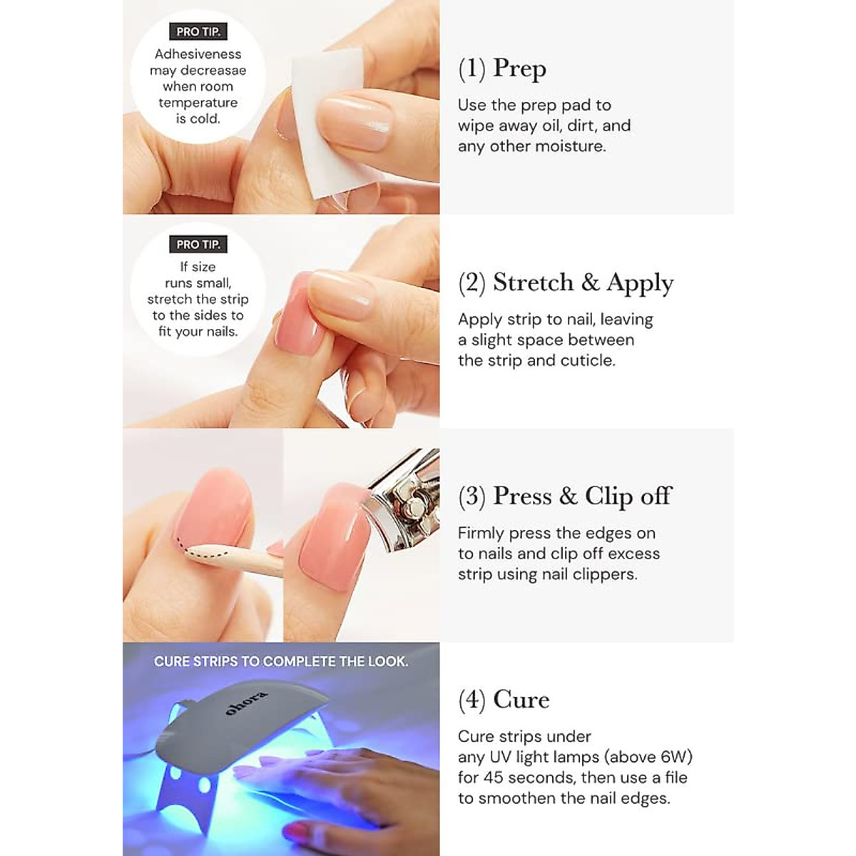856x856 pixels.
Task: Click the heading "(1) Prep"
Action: click(502, 68)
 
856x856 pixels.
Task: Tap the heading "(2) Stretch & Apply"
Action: click(566, 283)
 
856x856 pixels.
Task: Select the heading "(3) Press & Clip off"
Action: click(565, 496)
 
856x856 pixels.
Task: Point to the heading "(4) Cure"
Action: click(504, 700)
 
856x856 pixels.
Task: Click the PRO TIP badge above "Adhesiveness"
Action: click(198, 31)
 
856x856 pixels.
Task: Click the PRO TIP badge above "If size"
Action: click(198, 244)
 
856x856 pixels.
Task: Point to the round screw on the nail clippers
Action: click(409, 508)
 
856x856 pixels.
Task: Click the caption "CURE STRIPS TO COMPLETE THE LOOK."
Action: click(281, 661)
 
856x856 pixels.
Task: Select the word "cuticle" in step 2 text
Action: click(587, 361)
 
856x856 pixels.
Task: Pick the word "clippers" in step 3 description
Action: click(602, 574)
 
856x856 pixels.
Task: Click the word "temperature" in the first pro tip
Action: click(198, 103)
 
